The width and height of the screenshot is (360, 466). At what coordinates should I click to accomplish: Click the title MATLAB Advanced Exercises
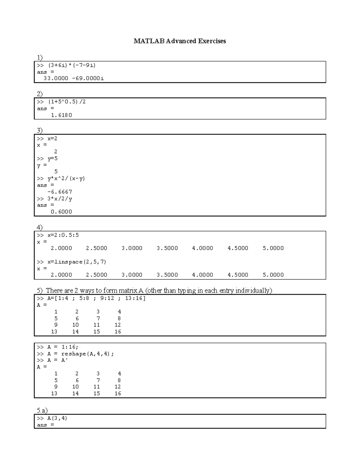180,41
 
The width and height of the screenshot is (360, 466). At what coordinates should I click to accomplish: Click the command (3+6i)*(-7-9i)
72,65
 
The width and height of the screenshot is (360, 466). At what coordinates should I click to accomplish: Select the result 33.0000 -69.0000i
73,79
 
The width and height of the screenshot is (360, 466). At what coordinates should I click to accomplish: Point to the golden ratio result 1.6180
61,115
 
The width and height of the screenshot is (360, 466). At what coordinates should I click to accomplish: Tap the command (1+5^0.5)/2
67,102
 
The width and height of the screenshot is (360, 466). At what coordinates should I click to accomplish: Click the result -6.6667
60,192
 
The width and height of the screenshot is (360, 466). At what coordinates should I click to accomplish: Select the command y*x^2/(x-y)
66,179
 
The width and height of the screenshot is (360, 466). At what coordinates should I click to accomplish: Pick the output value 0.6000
61,212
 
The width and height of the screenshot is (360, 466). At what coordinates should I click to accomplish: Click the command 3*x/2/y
60,199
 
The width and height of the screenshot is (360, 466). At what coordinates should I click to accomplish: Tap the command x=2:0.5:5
63,235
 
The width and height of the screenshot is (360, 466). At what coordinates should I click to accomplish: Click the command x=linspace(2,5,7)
77,262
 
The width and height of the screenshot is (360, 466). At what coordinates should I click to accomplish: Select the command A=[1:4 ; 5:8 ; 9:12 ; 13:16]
96,299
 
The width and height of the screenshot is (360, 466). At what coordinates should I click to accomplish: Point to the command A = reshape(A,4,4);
80,354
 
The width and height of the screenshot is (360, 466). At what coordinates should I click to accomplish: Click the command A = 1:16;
63,347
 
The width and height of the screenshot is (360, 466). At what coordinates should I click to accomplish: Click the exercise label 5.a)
42,410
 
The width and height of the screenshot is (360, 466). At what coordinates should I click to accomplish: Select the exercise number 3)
40,130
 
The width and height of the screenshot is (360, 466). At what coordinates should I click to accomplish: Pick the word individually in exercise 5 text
253,290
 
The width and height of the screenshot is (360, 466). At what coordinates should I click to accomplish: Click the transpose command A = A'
58,360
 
